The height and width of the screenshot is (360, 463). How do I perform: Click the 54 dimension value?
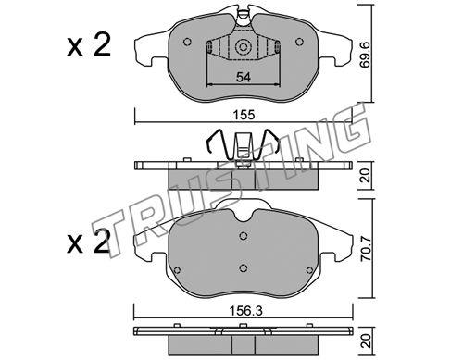244,77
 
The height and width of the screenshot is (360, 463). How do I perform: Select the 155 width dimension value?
244,115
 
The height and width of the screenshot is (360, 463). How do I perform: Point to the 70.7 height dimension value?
367,249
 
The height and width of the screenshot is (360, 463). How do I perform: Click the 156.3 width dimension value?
245,311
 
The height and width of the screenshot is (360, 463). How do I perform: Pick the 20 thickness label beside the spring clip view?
366,175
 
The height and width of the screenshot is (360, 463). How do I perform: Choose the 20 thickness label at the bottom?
367,341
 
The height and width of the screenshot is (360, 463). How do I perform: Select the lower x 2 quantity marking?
89,242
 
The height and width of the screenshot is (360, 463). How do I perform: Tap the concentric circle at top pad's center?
244,47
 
